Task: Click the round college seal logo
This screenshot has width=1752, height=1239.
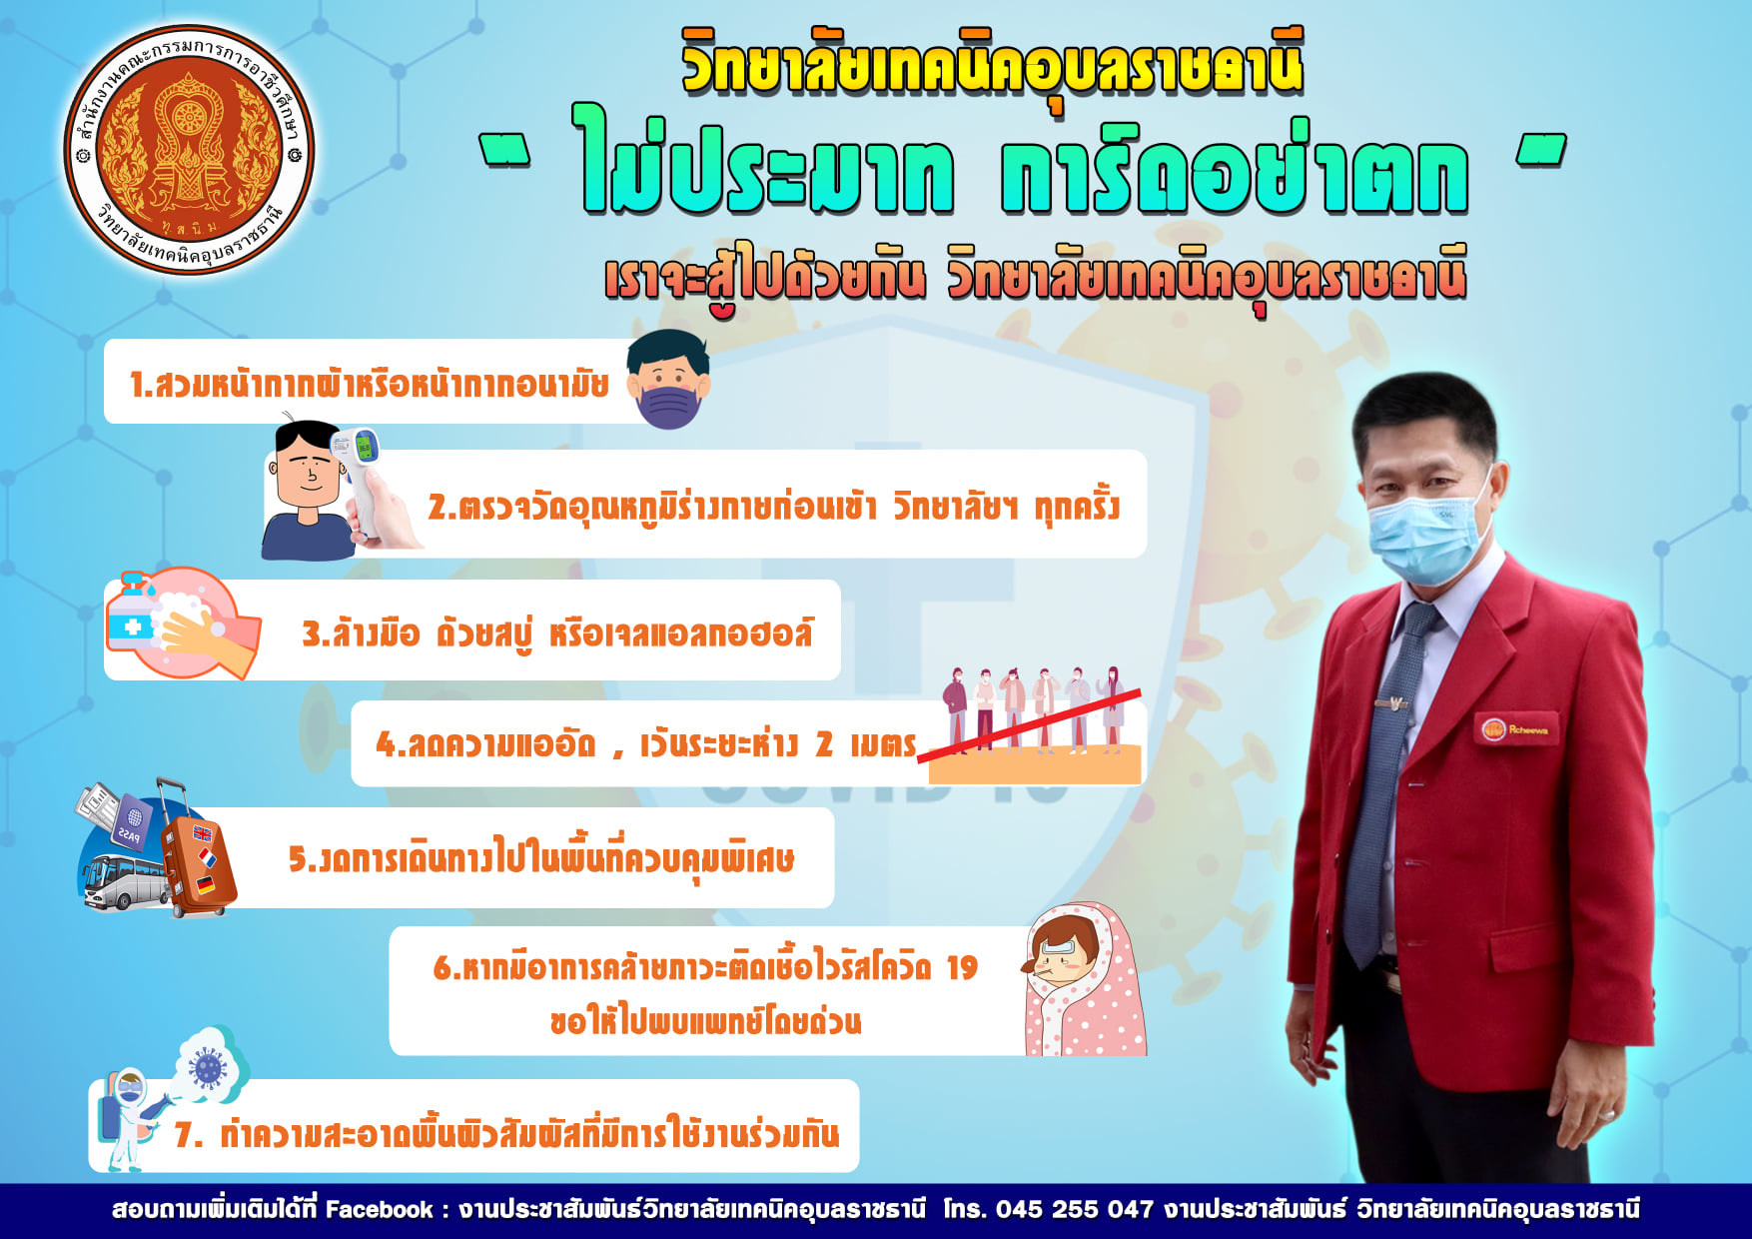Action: pos(189,150)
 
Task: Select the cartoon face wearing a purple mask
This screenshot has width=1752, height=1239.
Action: pos(668,380)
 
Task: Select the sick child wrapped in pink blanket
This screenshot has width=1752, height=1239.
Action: pos(1084,980)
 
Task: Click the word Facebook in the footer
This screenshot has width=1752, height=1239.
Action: pos(380,1210)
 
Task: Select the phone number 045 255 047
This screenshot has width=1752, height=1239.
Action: pos(1075,1210)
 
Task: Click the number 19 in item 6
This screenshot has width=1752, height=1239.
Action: pos(962,967)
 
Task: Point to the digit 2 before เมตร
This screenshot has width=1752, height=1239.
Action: pos(824,743)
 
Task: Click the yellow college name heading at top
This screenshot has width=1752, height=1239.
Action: pos(993,64)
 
